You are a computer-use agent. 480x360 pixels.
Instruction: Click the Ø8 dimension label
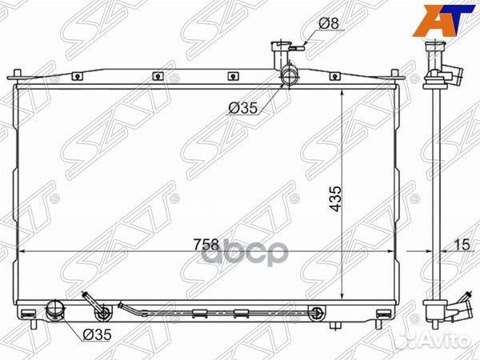coord(327,23)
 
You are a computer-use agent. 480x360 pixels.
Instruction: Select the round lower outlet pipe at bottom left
coord(57,310)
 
